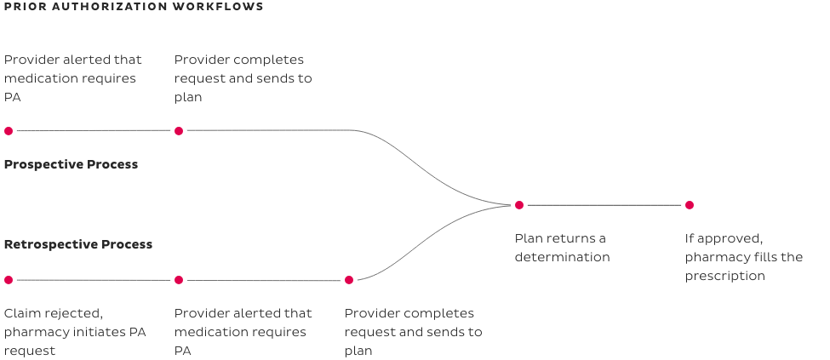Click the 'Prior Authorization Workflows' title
click(133, 7)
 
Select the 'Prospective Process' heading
click(71, 164)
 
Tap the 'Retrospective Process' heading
click(78, 244)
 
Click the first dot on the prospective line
click(9, 131)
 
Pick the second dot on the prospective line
click(179, 131)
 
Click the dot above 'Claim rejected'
click(9, 279)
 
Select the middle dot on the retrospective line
click(179, 279)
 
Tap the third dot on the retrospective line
click(348, 279)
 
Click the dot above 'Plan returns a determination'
click(519, 205)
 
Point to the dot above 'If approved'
click(690, 205)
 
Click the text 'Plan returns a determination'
click(562, 248)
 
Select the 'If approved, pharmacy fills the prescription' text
click(743, 257)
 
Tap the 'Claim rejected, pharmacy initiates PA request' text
click(75, 332)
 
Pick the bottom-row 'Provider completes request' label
click(413, 332)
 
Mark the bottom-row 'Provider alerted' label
click(243, 332)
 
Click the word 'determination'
click(562, 257)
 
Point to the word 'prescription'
click(724, 277)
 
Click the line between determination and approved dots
click(604, 205)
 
